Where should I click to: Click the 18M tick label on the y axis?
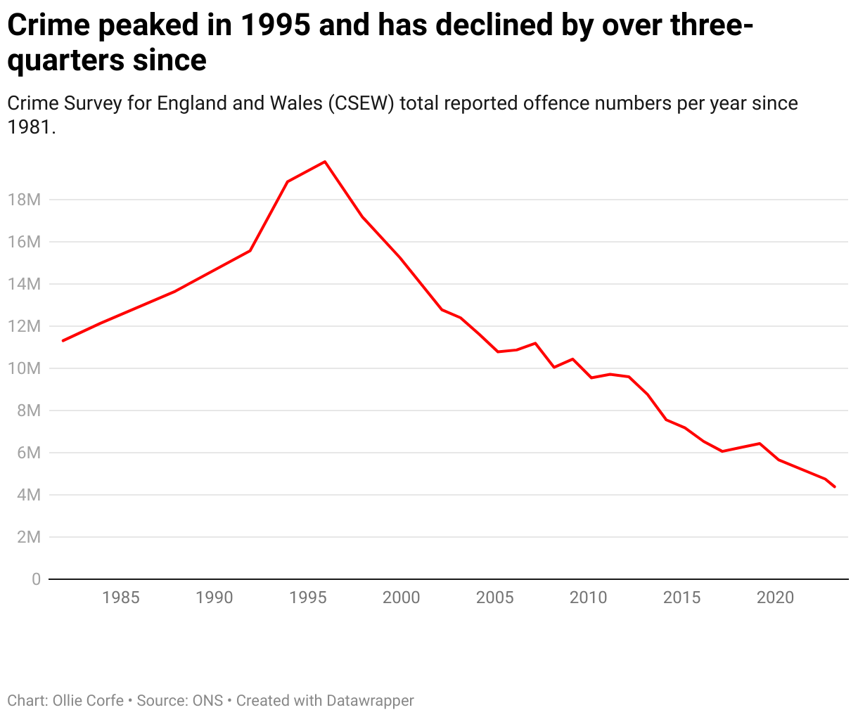click(24, 200)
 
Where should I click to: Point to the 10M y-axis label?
click(24, 368)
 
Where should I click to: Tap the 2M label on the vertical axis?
click(28, 537)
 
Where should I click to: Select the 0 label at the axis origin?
click(36, 579)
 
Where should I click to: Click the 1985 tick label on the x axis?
click(121, 597)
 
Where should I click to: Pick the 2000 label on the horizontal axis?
click(401, 597)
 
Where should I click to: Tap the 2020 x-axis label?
click(775, 597)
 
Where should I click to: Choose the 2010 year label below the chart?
click(588, 597)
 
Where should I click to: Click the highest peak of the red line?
click(325, 162)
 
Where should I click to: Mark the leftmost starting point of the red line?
click(63, 341)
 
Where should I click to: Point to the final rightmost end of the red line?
click(834, 486)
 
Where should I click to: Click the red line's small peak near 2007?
click(535, 343)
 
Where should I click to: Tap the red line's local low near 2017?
click(722, 451)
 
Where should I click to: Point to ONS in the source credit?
click(207, 701)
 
